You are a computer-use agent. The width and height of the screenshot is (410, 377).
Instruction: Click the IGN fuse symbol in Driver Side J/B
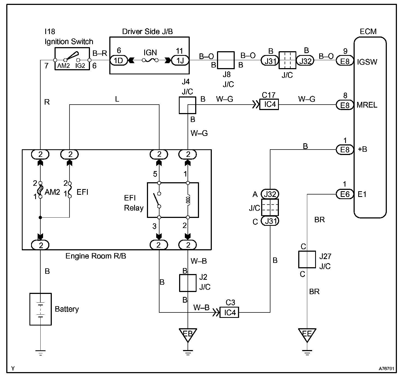[x=150, y=60]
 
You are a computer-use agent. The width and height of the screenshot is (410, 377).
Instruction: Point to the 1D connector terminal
[x=119, y=61]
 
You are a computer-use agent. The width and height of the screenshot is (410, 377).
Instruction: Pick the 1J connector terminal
[x=180, y=61]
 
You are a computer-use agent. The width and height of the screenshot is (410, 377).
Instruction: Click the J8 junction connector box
[x=226, y=60]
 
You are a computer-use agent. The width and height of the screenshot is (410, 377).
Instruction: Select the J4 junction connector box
[x=188, y=105]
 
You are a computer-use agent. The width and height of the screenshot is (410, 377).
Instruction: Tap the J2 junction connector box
[x=188, y=283]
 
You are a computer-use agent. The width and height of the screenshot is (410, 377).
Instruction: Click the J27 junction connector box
[x=307, y=259]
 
